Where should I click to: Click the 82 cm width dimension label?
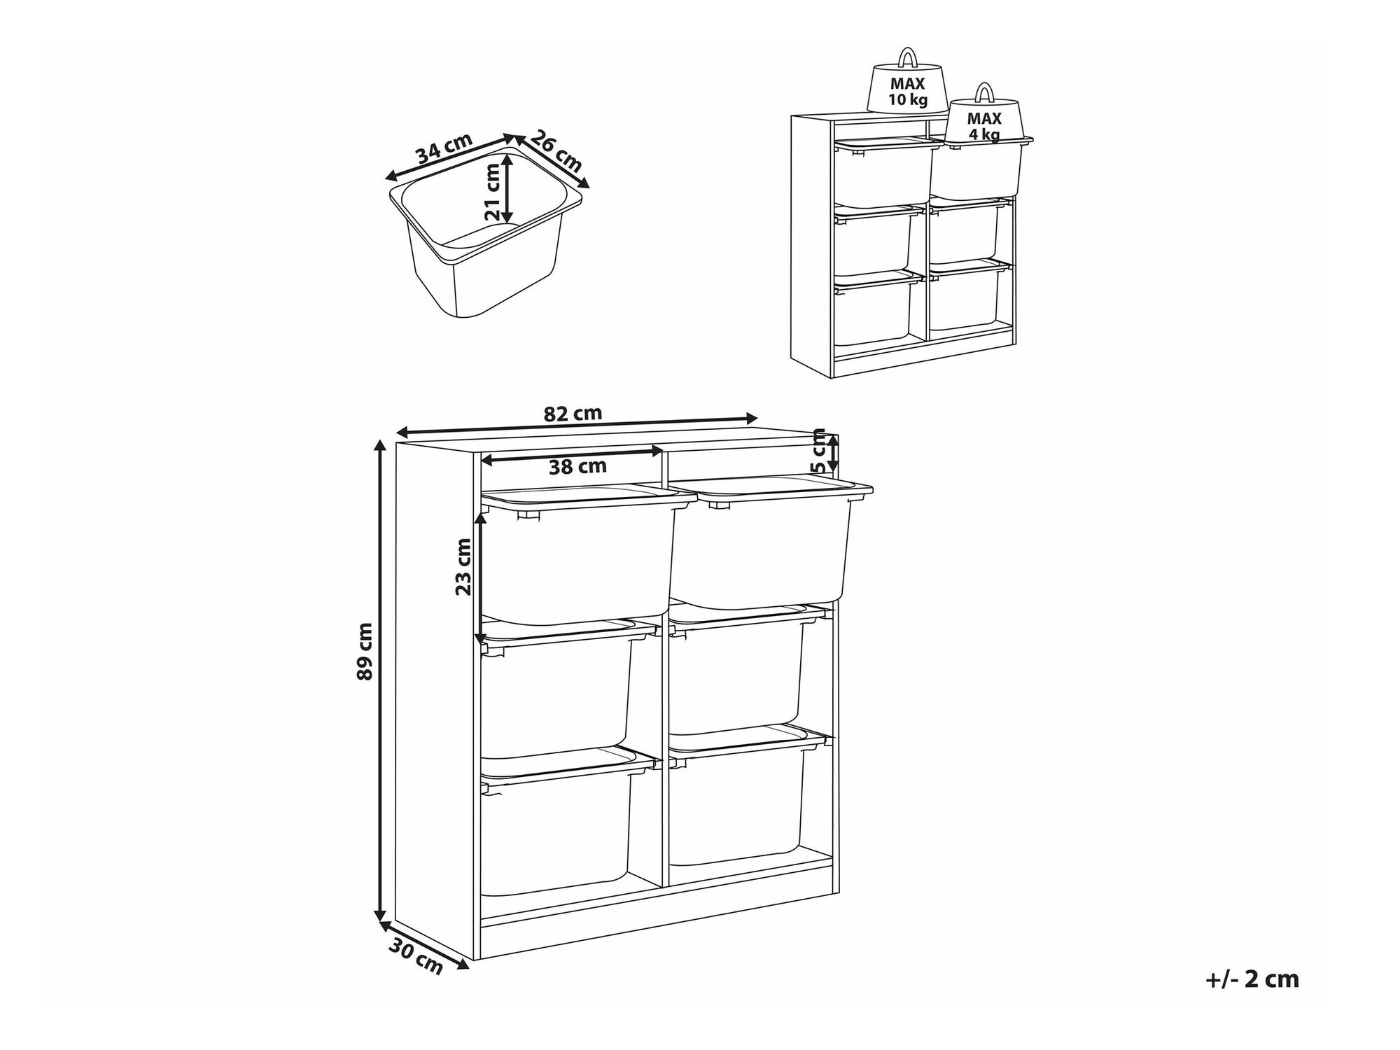(x=573, y=414)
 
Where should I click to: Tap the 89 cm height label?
(x=365, y=651)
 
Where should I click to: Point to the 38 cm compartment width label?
(x=577, y=467)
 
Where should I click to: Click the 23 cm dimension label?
(x=463, y=566)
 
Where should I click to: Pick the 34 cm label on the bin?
(x=444, y=148)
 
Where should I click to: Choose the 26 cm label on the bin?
(x=555, y=151)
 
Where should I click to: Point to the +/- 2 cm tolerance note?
(x=1252, y=979)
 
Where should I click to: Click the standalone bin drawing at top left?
(x=486, y=232)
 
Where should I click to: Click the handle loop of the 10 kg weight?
(x=908, y=57)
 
